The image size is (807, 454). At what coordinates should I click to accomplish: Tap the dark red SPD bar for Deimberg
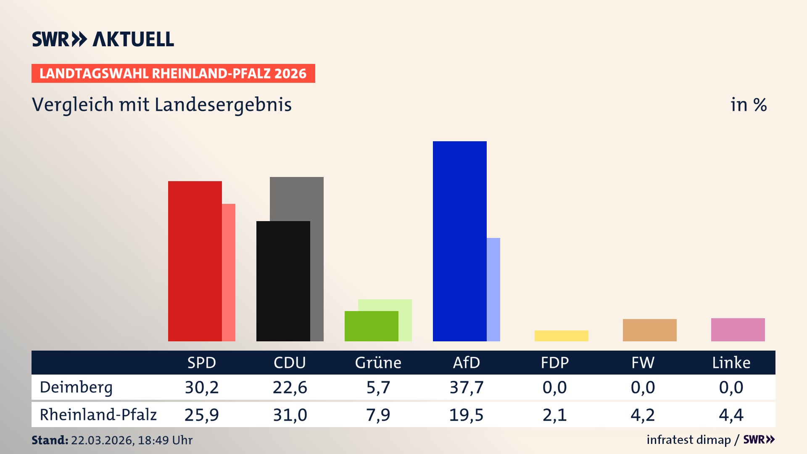(195, 261)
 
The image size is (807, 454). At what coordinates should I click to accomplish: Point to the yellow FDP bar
(561, 335)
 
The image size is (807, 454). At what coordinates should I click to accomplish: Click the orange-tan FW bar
(649, 330)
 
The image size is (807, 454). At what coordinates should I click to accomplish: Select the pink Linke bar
(738, 330)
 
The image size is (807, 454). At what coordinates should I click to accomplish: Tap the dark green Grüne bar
(371, 326)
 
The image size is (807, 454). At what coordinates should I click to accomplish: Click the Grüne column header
(378, 362)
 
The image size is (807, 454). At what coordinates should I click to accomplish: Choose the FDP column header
(554, 362)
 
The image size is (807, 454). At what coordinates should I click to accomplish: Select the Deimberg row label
(76, 387)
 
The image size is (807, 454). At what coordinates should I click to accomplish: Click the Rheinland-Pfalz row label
(98, 414)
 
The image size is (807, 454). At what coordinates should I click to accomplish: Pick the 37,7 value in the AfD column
(466, 387)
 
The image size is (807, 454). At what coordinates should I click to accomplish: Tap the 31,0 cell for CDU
(290, 415)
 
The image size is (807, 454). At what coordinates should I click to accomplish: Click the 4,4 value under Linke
(731, 415)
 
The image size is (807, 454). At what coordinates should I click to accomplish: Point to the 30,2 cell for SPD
(202, 387)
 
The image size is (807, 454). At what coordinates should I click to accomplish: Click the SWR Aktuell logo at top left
(103, 39)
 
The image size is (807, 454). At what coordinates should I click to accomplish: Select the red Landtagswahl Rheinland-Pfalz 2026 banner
(173, 73)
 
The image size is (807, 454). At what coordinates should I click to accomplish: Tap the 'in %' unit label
(748, 105)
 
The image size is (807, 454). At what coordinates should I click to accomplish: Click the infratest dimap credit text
(688, 440)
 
